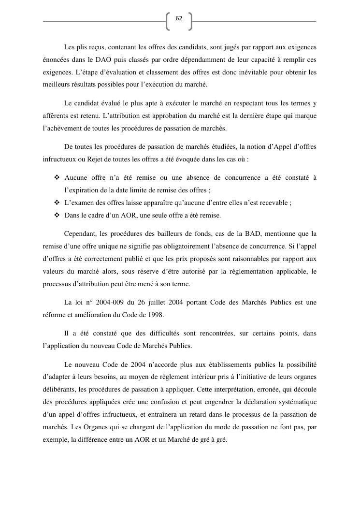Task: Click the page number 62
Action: point(179,18)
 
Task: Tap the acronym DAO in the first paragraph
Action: point(109,60)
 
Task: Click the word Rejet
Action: point(96,158)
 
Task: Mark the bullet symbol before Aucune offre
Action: point(57,178)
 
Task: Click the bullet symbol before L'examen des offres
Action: point(57,203)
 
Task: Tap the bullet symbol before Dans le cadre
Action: point(57,215)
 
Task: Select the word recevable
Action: point(274,203)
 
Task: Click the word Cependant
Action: point(80,234)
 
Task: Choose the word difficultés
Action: point(172,334)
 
